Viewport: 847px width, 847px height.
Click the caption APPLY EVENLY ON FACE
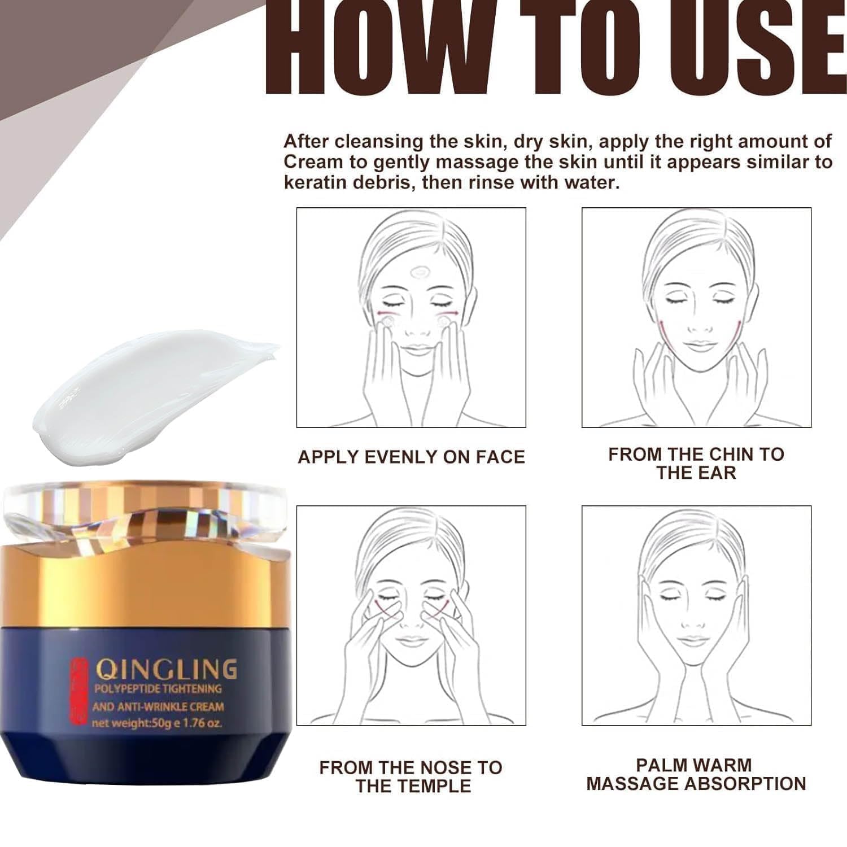point(411,457)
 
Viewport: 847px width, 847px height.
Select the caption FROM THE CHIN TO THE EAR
point(696,464)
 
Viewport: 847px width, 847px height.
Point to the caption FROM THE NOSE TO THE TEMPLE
point(411,776)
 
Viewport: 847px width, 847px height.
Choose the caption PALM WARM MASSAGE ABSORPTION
point(696,774)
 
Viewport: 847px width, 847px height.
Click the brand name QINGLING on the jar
point(166,670)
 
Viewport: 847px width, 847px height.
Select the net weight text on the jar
point(157,723)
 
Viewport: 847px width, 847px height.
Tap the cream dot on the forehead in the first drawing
point(419,273)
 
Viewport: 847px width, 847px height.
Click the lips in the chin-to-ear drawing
point(698,346)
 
